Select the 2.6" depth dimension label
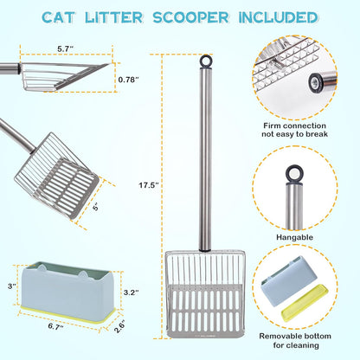pos(120,325)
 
